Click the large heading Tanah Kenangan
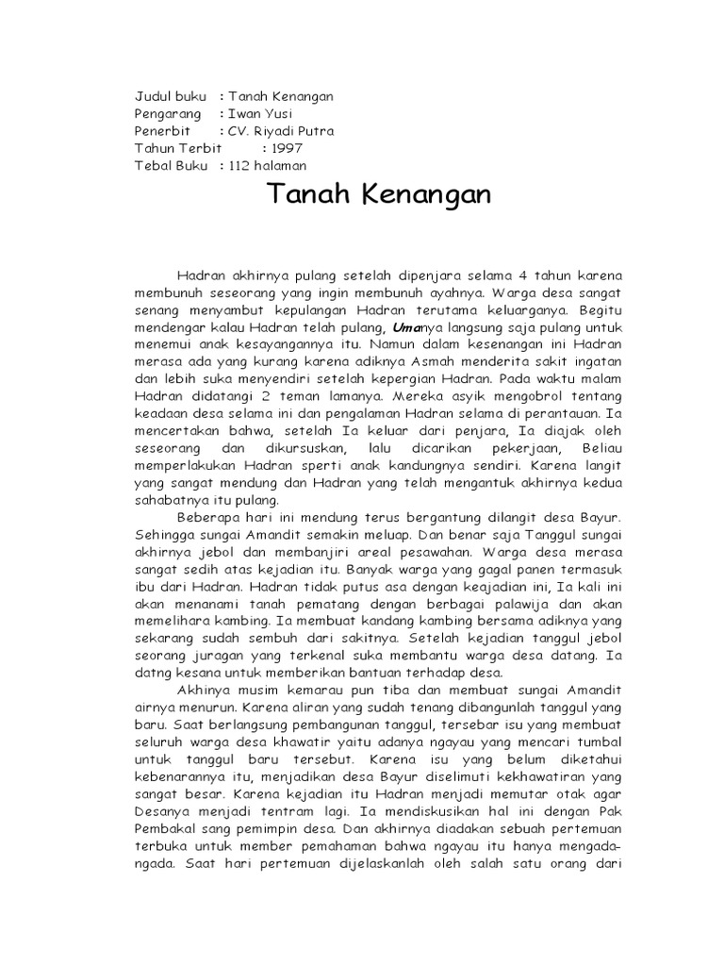coord(379,195)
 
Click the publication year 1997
coord(288,148)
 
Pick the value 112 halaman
coord(274,165)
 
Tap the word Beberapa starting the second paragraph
coord(210,518)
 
